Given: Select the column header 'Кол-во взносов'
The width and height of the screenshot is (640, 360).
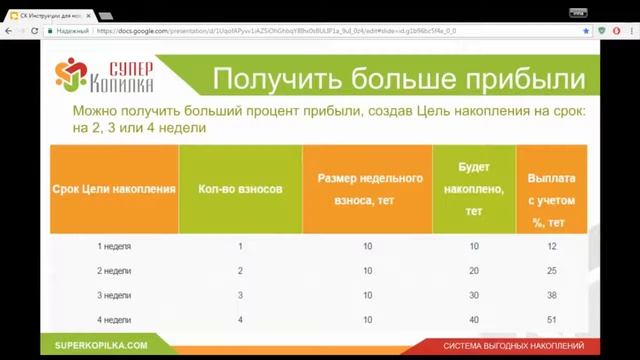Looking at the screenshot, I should tap(241, 188).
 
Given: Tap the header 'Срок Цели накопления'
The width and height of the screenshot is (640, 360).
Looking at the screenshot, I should tap(114, 188).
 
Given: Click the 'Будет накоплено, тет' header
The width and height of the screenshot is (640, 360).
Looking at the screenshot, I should tap(474, 188).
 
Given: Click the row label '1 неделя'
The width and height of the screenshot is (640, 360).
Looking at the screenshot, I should tap(114, 246).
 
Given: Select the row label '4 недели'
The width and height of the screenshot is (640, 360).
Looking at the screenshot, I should tap(114, 319).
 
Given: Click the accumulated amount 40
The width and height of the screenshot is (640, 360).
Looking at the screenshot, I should tap(474, 319).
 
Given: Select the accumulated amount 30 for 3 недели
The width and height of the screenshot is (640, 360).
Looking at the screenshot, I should tap(474, 295).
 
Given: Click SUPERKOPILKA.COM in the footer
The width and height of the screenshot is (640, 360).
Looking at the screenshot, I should tap(102, 345).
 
